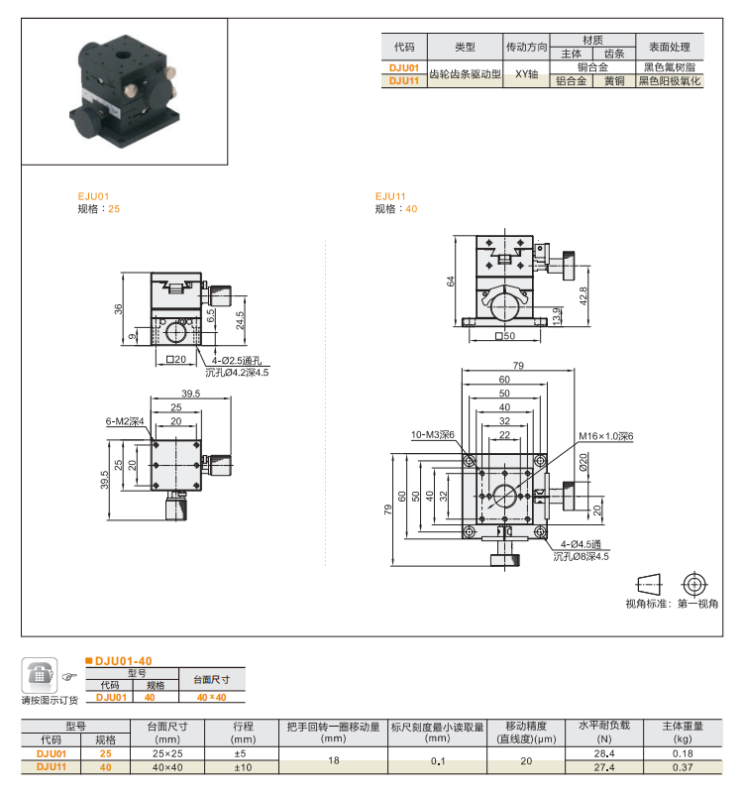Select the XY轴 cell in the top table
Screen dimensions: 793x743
point(526,74)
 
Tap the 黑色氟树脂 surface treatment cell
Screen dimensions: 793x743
point(669,67)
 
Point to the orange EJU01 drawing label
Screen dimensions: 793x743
point(93,197)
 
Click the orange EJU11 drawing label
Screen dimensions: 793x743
point(390,196)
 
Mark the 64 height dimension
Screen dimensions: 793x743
point(451,282)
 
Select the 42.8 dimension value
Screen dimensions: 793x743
point(584,295)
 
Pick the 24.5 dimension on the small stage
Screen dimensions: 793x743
point(239,320)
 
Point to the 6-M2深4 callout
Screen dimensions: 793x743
point(126,421)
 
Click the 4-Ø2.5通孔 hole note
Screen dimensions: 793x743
point(236,361)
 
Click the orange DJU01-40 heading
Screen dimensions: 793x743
point(123,660)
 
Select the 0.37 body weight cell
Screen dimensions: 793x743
point(683,766)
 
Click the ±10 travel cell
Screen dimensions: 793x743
point(243,766)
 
